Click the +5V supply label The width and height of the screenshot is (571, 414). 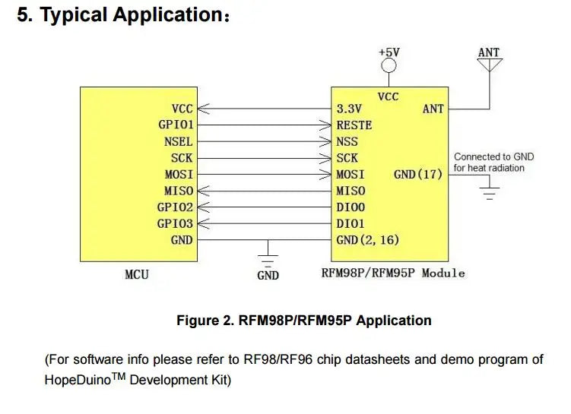click(389, 52)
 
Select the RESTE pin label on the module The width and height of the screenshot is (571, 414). click(354, 125)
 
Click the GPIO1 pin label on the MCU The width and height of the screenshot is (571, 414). click(176, 125)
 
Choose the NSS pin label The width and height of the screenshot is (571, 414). click(347, 141)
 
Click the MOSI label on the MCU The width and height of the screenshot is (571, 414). click(179, 174)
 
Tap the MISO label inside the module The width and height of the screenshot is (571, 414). click(351, 191)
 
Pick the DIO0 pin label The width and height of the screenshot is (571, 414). click(351, 207)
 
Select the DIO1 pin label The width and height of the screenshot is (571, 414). click(351, 223)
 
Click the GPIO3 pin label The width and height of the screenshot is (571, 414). click(176, 223)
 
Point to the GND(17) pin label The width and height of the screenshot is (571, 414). click(418, 174)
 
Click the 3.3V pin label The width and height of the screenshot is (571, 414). click(349, 109)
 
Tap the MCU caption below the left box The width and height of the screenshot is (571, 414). click(136, 273)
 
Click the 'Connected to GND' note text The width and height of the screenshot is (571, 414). click(493, 157)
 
